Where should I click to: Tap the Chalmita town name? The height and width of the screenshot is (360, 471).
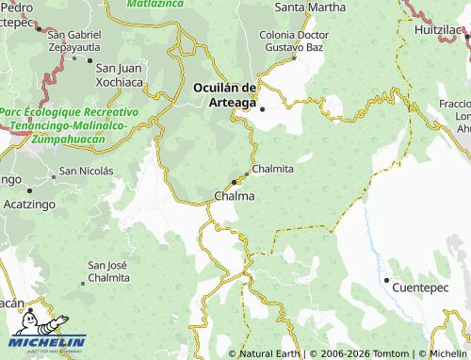[x=272, y=169]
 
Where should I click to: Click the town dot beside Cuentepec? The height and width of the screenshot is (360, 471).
[x=386, y=280]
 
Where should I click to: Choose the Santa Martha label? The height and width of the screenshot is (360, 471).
[x=310, y=8]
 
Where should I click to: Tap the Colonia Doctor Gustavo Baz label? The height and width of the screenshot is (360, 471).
[x=296, y=41]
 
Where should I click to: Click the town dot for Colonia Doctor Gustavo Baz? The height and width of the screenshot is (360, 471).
[x=294, y=57]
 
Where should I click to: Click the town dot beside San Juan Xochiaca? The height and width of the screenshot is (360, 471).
[x=89, y=61]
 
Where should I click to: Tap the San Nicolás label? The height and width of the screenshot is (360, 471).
[x=86, y=172]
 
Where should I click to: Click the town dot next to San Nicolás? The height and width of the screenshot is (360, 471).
[x=53, y=173]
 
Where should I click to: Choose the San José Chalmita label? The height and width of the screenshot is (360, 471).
[x=107, y=271]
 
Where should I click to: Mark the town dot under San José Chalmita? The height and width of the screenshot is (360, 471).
[x=82, y=282]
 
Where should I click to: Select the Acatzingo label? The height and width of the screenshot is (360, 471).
[x=29, y=204]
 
